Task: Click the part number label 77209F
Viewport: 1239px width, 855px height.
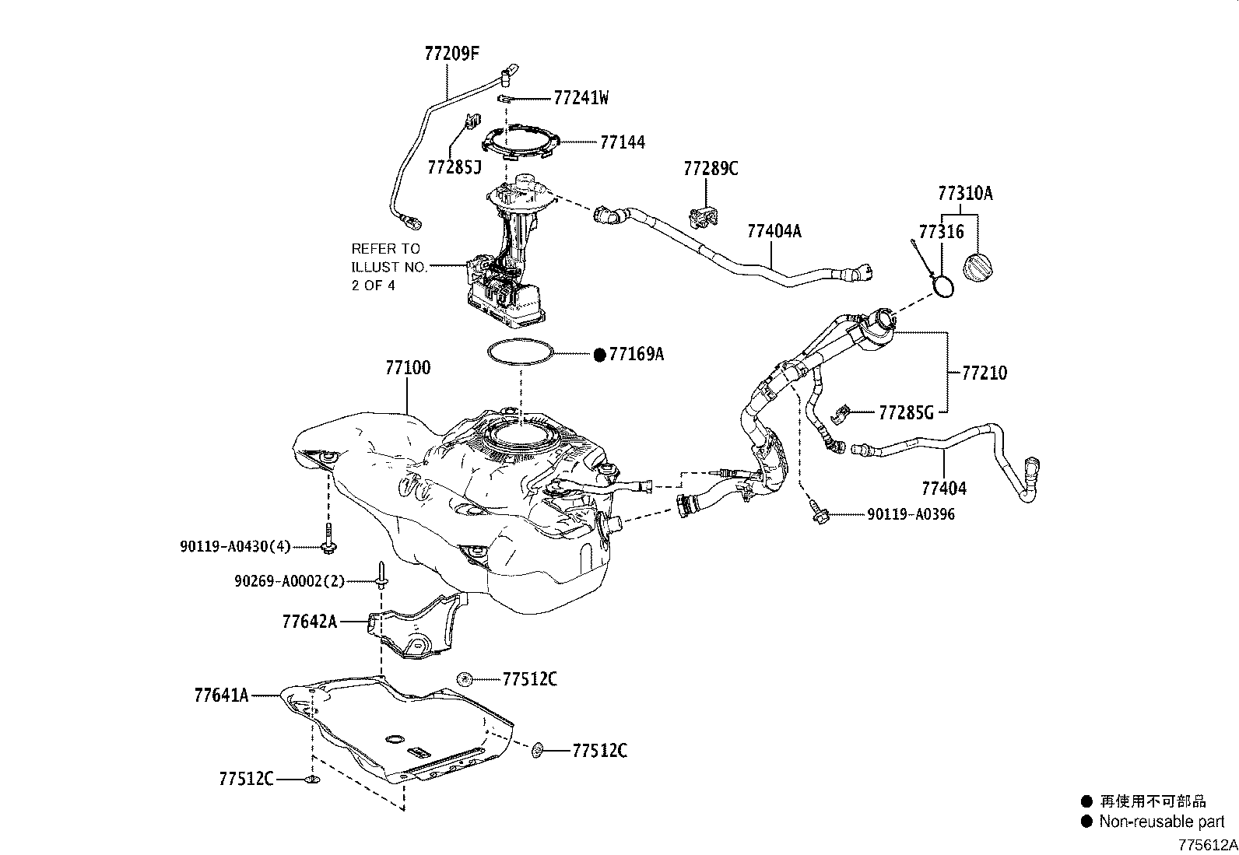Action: point(452,54)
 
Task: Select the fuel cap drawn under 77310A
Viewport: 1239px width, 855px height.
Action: point(980,268)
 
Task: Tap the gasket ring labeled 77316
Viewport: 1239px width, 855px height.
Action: point(943,286)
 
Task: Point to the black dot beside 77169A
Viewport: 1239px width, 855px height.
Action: point(599,355)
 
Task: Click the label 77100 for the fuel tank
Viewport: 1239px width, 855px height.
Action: point(407,367)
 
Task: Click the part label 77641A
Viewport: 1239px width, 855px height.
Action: point(221,694)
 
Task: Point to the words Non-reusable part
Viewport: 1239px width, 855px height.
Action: point(1162,822)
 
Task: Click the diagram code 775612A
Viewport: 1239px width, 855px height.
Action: point(1206,845)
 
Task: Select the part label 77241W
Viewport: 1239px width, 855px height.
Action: point(581,98)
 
